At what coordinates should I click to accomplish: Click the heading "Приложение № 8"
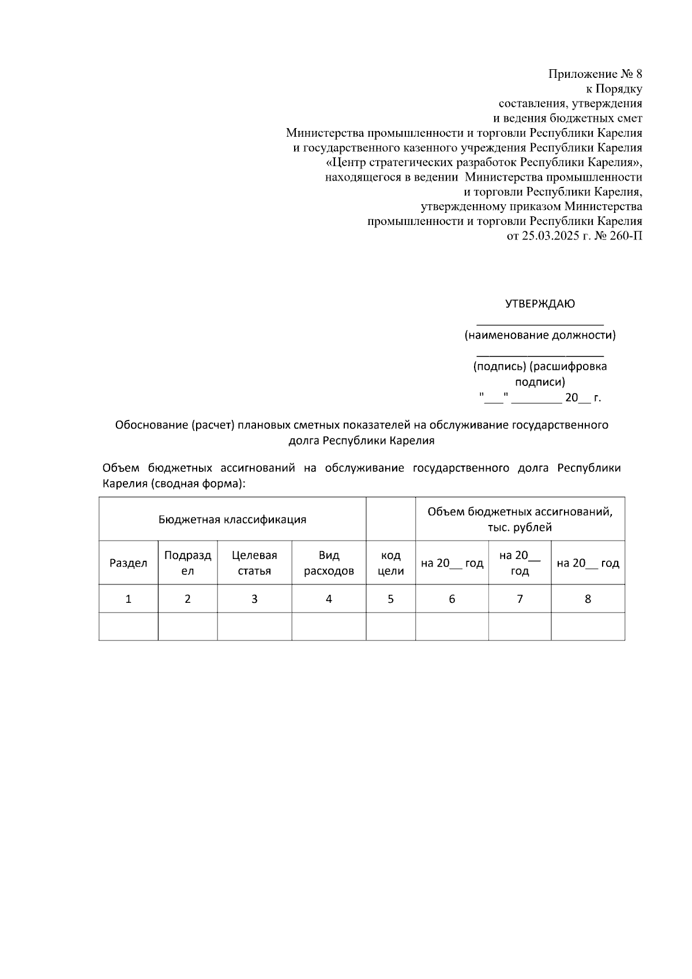[x=595, y=74]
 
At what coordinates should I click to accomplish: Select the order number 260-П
[x=627, y=236]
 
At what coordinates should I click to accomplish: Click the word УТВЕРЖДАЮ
[x=540, y=303]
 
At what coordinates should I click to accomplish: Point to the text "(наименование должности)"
[x=540, y=335]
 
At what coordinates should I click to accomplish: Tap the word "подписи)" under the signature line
[x=540, y=382]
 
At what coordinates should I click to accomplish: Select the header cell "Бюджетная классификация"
[x=232, y=519]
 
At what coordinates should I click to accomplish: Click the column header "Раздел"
[x=129, y=563]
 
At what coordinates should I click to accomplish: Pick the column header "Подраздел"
[x=187, y=563]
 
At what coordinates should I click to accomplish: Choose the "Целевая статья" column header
[x=254, y=563]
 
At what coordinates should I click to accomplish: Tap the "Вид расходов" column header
[x=329, y=563]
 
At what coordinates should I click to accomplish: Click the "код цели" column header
[x=390, y=563]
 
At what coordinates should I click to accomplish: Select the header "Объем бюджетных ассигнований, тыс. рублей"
[x=520, y=519]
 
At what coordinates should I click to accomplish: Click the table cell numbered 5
[x=390, y=599]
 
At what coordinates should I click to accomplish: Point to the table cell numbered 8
[x=588, y=599]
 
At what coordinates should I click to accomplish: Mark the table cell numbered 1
[x=129, y=599]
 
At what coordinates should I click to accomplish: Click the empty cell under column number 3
[x=254, y=627]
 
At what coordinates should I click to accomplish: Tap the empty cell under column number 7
[x=520, y=627]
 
